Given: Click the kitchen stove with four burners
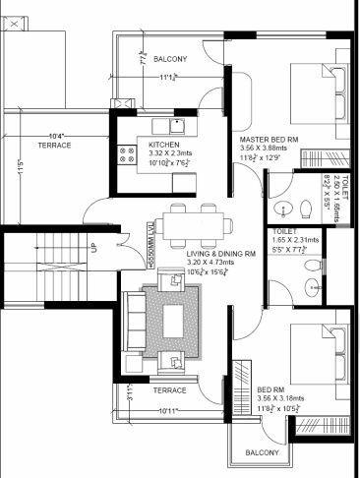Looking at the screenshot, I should point(128,153).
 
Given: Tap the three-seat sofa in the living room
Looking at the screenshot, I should point(140,320).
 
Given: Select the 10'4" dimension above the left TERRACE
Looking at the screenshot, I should point(56,135).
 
